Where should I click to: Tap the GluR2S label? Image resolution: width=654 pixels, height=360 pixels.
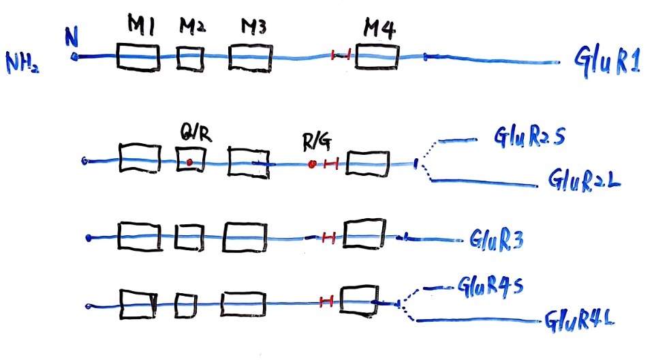coord(524,139)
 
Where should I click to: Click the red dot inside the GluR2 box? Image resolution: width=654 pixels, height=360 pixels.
coord(189,162)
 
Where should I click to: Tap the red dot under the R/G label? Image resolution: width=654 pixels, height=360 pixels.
coord(312,164)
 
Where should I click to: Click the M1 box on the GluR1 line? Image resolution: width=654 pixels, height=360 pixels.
coord(138,57)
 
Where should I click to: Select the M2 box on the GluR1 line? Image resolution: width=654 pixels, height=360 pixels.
coord(190,57)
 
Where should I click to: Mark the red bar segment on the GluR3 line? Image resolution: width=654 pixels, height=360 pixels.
coord(328,237)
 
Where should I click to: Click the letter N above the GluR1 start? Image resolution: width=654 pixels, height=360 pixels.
coord(70,37)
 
